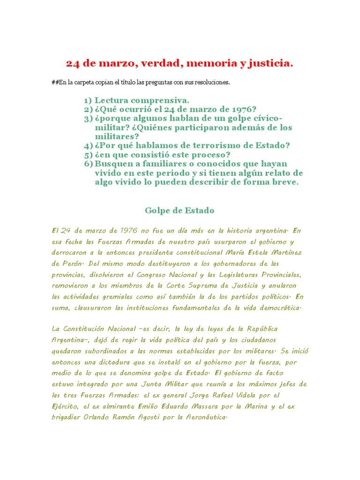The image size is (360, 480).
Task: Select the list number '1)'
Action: tap(88, 100)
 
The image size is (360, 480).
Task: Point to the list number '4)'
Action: tap(88, 146)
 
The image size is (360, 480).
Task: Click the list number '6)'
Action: tap(88, 164)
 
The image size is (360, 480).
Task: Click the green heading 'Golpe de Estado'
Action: tap(180, 210)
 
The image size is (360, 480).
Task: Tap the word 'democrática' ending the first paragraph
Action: tap(273, 307)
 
